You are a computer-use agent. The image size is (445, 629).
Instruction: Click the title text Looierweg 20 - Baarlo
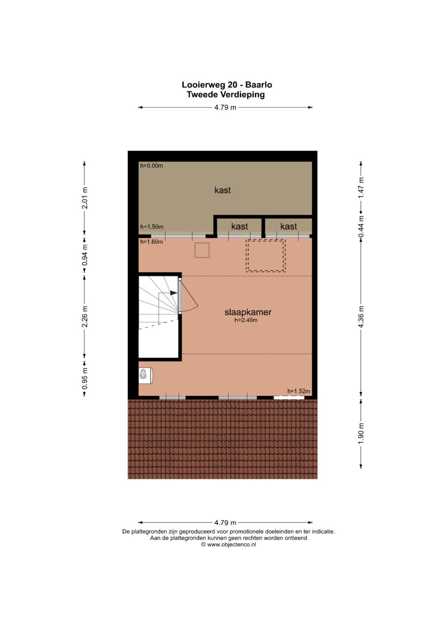tap(227, 84)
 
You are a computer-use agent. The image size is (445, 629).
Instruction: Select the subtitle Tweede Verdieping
tap(226, 94)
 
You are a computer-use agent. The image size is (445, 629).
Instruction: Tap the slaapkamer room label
tap(248, 312)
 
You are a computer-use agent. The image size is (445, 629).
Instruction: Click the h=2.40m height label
tap(246, 320)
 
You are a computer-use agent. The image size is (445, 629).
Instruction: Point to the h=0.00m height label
tap(152, 166)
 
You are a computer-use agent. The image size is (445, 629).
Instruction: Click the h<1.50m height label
tap(152, 227)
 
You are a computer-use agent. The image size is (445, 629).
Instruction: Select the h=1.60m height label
tap(152, 242)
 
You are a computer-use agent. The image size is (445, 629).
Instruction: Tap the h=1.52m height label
tap(299, 391)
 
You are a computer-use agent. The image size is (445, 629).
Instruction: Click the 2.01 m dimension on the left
tap(84, 198)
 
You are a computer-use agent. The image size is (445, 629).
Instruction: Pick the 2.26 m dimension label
tap(84, 316)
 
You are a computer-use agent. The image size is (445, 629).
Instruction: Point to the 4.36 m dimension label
tap(361, 316)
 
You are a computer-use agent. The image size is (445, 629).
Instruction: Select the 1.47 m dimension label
tap(361, 187)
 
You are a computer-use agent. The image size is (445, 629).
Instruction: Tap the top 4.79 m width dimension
tap(225, 107)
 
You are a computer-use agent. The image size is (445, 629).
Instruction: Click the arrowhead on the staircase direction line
tap(174, 293)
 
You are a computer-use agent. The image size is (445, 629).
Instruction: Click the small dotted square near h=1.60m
tap(202, 250)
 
